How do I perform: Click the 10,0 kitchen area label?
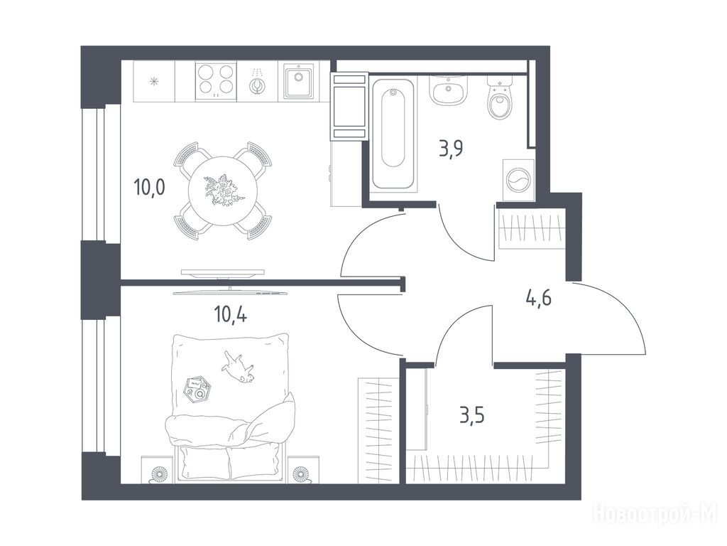pos(149,188)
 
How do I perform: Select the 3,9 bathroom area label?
pos(451,149)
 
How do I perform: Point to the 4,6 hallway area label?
pos(538,297)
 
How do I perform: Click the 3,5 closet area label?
pos(472,414)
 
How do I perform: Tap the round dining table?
pos(223,191)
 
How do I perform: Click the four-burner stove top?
pos(216,81)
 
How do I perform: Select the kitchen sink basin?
pos(297,82)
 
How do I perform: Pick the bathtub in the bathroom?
pos(393,133)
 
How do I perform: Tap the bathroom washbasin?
pos(448,90)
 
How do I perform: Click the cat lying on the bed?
pos(238,367)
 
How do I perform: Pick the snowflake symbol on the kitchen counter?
pos(154,82)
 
